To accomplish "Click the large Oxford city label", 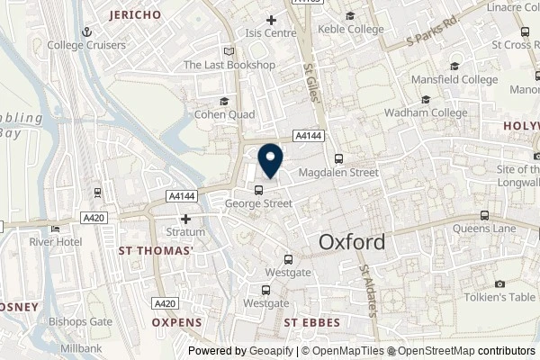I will point(352,242).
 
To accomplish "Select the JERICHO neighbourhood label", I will point(134,15).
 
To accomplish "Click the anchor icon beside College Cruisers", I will point(87,31).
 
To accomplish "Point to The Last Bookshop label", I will point(229,65).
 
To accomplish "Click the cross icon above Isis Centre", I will point(271,20).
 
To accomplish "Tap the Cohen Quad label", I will point(225,115).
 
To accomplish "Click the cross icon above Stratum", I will point(186,219).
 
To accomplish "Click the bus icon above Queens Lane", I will point(484,215).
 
